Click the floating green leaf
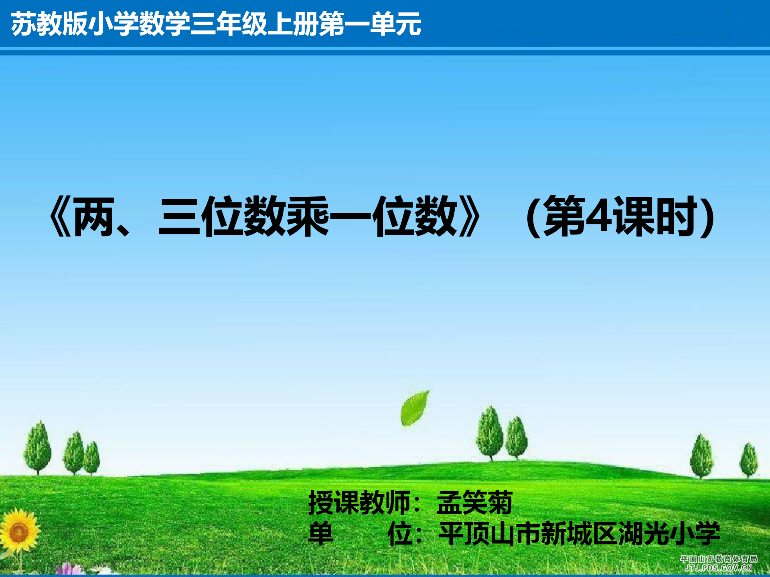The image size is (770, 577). tap(415, 408)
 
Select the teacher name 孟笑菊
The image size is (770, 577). tap(474, 502)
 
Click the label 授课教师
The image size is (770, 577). tap(359, 502)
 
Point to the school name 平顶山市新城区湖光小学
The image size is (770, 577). tap(580, 533)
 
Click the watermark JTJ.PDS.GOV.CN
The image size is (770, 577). tap(718, 568)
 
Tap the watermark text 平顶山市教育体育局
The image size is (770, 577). tap(719, 559)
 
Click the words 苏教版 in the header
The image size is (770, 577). tap(49, 24)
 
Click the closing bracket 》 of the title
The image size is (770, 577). tap(469, 216)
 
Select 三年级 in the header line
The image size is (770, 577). tap(229, 24)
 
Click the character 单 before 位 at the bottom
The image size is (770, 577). tap(321, 533)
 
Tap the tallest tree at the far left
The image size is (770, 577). tap(38, 447)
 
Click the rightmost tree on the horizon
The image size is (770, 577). tap(749, 460)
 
